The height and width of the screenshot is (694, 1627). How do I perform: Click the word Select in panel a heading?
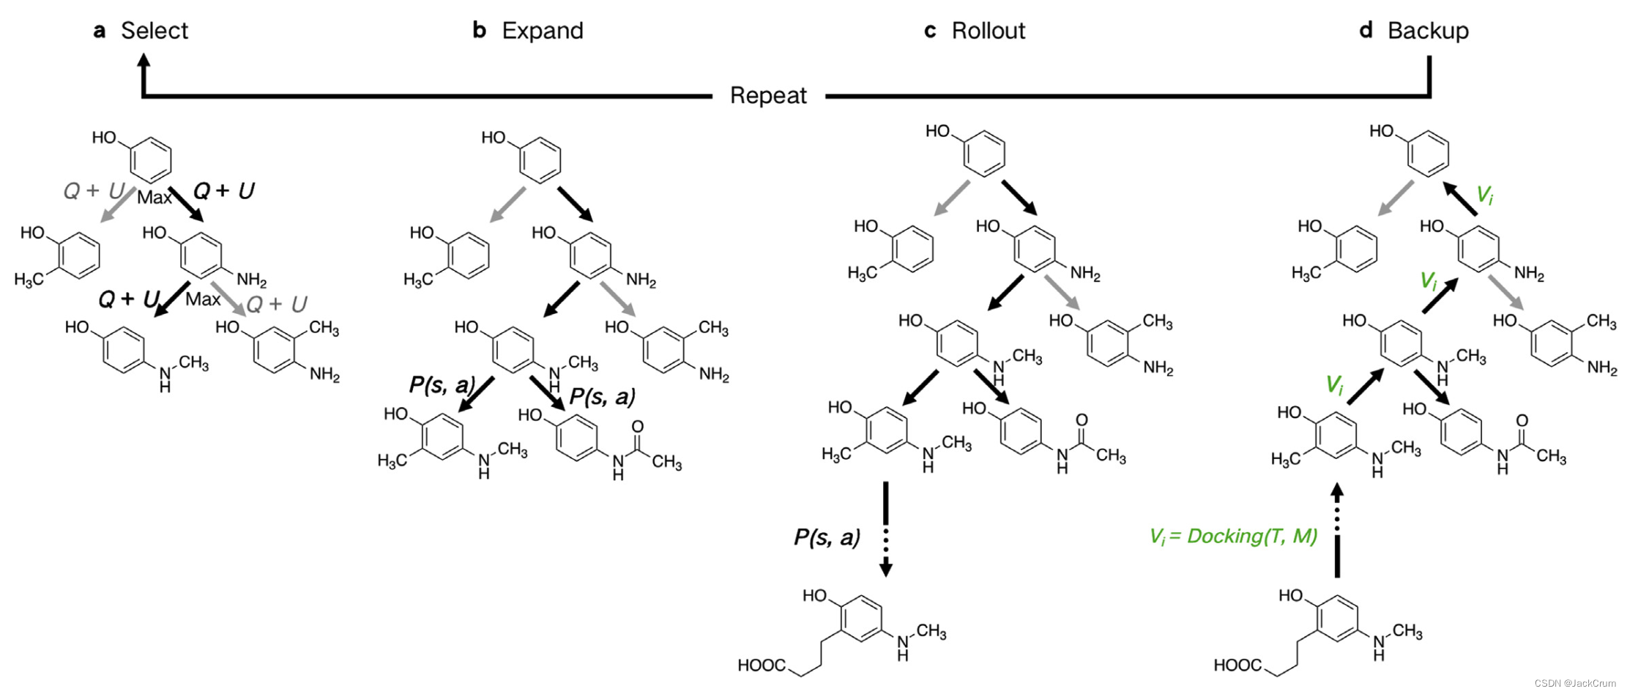tap(154, 31)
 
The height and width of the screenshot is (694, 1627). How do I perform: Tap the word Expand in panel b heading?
tap(542, 31)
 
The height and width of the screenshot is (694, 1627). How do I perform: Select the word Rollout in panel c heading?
tap(988, 31)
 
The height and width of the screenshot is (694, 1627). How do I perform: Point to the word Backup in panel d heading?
tap(1427, 31)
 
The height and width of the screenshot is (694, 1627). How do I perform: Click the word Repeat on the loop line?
tap(768, 96)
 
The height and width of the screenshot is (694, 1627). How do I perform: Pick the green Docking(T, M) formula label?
tap(1233, 537)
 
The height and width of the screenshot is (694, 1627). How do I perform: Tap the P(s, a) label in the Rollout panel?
tap(827, 538)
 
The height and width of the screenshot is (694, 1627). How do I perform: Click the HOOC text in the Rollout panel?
tap(762, 665)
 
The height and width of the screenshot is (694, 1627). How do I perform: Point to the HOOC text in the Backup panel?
tap(1237, 665)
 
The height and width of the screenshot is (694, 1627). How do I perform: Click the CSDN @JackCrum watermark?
tap(1574, 684)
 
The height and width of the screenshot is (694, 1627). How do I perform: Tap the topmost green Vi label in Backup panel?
tap(1484, 195)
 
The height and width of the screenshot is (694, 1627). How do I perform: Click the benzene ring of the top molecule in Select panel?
tap(151, 159)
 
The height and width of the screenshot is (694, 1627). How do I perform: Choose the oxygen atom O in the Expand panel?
tap(637, 427)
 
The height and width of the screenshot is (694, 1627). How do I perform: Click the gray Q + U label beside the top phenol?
tap(93, 191)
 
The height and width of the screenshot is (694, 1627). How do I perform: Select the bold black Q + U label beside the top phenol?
tap(223, 191)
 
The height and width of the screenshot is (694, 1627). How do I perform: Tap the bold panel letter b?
tap(480, 31)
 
